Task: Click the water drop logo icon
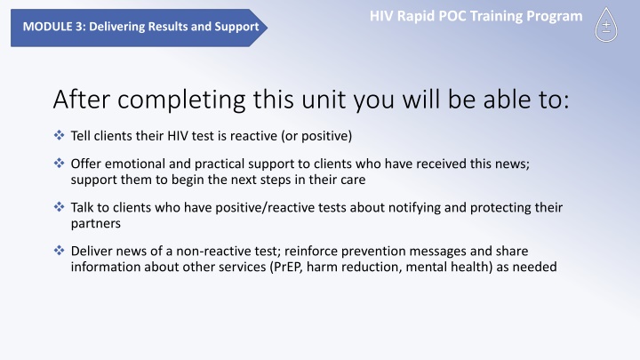point(606,25)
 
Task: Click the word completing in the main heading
point(181,100)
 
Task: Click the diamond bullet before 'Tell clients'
point(60,135)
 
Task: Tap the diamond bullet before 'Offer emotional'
point(60,163)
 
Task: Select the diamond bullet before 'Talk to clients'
point(60,206)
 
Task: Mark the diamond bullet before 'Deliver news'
point(60,250)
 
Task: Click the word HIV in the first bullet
point(178,136)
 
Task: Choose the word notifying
point(414,208)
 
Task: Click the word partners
point(95,224)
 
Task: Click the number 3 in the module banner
point(80,27)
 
